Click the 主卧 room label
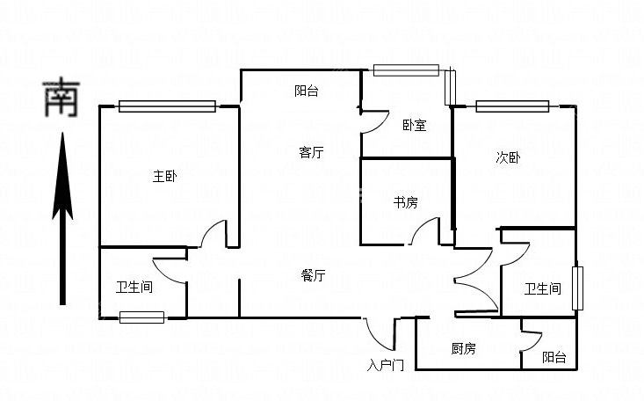pos(165,177)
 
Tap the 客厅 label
pos(311,153)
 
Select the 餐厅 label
pos(314,276)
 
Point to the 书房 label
pos(405,203)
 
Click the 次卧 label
pos(508,158)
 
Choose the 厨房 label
pos(464,349)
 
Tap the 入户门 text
pos(386,365)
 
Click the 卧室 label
pos(415,126)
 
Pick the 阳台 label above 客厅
pos(307,91)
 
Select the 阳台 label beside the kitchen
pos(554,357)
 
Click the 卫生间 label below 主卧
pos(134,287)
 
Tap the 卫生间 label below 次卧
pos(542,288)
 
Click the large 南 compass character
pos(62,98)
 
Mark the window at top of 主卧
pos(167,106)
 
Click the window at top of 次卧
pos(512,106)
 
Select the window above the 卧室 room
pos(406,69)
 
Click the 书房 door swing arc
pos(425,231)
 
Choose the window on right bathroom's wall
pos(577,288)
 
